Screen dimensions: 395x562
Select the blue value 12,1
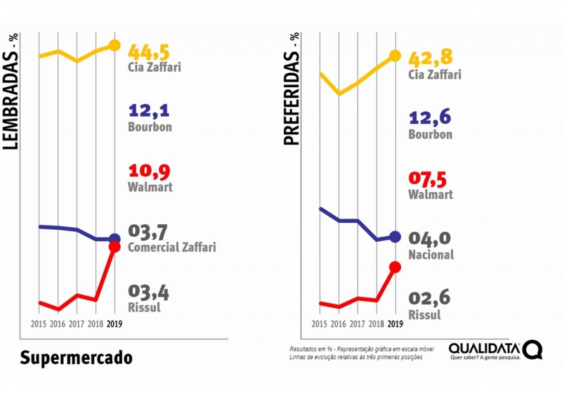[x=149, y=111]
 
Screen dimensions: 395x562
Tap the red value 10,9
[x=149, y=171]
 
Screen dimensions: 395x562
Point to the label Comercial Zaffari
[x=172, y=247]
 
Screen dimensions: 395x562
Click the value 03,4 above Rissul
[x=149, y=292]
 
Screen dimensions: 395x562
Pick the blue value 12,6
[x=430, y=117]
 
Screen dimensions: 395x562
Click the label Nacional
[x=431, y=255]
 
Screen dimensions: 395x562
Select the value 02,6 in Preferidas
[x=429, y=298]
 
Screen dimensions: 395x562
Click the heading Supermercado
[x=76, y=357]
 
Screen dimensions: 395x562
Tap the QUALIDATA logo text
[x=484, y=348]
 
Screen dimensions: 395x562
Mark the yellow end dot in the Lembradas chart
[x=115, y=46]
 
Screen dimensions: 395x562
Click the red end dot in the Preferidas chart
[x=395, y=267]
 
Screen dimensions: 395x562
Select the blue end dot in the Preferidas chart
[x=395, y=237]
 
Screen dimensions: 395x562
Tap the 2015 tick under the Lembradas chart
[x=39, y=324]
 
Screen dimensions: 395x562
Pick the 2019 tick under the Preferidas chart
[x=395, y=324]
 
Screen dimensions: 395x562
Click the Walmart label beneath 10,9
[x=150, y=188]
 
